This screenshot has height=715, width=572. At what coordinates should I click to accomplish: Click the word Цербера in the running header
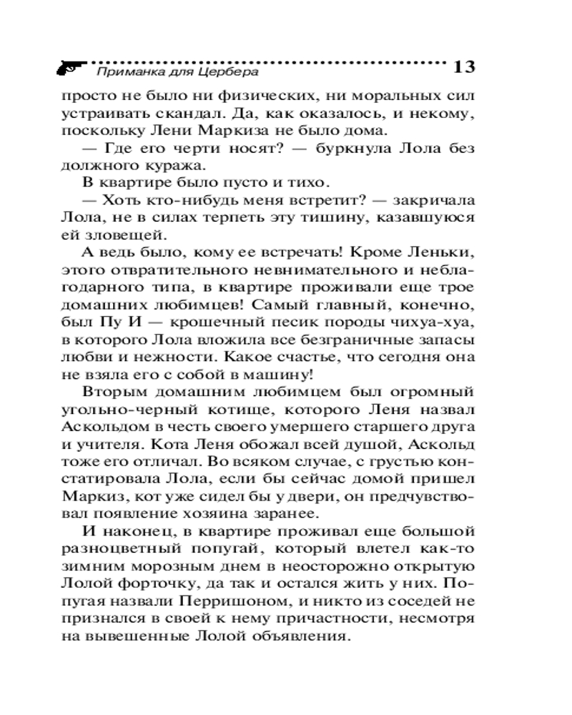pos(227,71)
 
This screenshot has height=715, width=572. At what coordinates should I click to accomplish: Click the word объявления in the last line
pos(315,638)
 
